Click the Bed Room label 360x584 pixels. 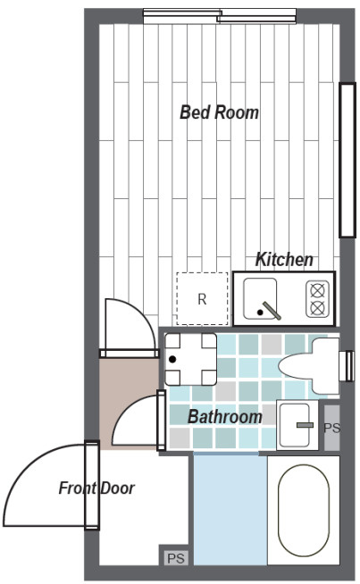click(219, 113)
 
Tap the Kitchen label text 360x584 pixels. click(284, 260)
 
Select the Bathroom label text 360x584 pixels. click(225, 416)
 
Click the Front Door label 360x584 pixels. click(96, 488)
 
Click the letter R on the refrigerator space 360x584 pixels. click(202, 299)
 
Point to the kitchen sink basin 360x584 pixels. click(260, 299)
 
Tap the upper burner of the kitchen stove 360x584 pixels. click(317, 289)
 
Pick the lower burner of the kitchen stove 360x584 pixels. click(317, 308)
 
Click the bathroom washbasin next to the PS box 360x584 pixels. click(297, 425)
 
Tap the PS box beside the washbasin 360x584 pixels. click(331, 428)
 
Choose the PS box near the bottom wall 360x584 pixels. click(176, 558)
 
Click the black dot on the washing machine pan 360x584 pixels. click(172, 359)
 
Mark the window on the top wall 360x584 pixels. click(220, 16)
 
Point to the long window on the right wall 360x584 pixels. click(347, 160)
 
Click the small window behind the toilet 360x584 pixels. click(349, 366)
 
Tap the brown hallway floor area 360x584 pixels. click(129, 404)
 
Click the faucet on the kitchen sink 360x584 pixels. click(272, 311)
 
